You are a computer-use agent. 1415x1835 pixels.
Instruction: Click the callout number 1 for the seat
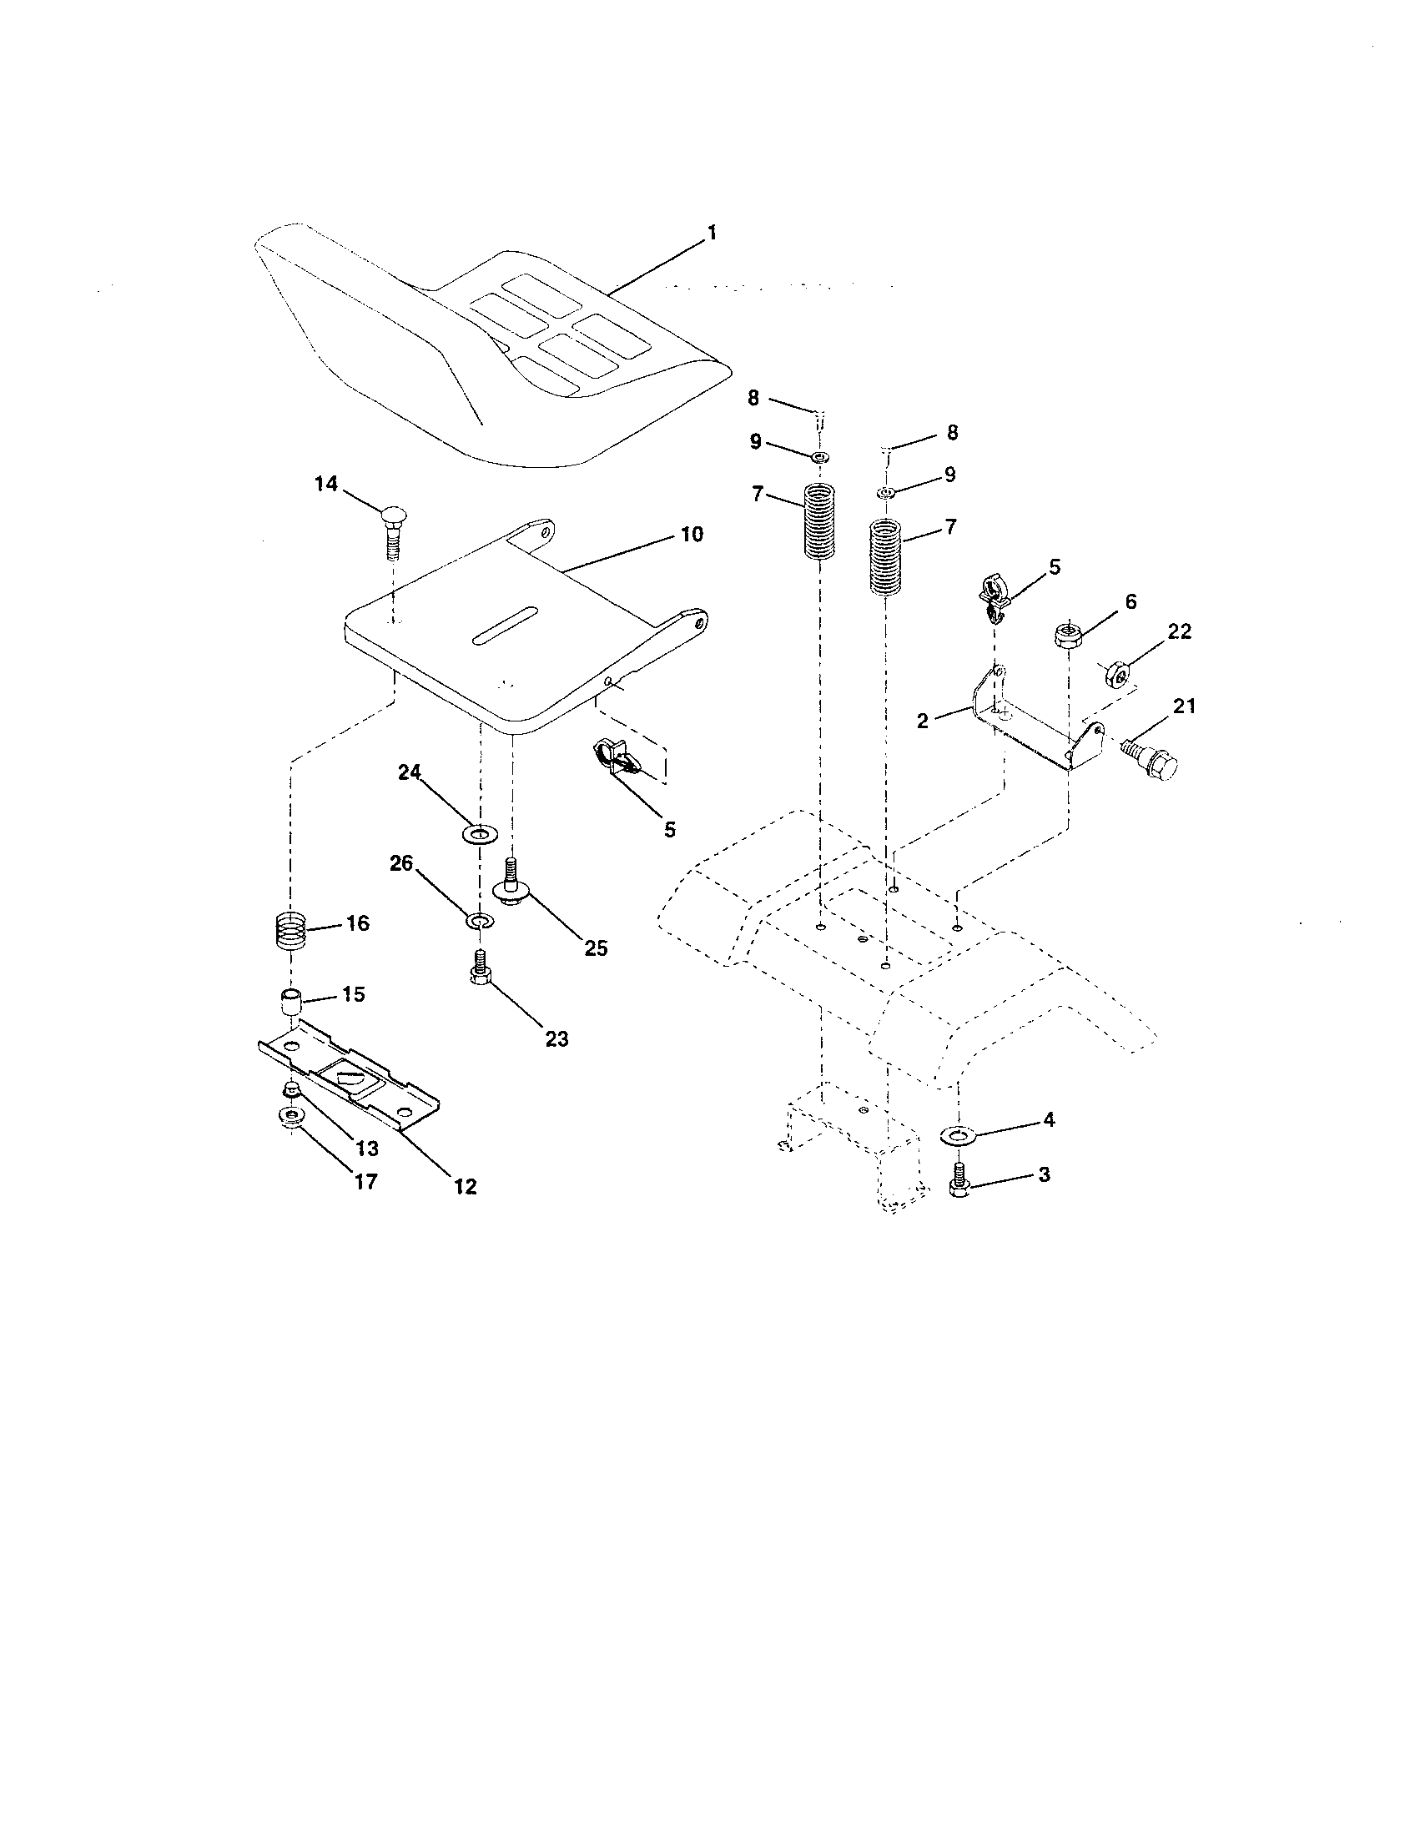click(x=712, y=234)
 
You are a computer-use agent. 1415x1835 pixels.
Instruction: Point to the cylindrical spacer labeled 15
click(x=290, y=1003)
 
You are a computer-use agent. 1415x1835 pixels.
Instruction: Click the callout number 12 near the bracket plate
click(x=465, y=1186)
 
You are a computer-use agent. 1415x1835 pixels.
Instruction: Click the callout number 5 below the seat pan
click(x=669, y=830)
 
